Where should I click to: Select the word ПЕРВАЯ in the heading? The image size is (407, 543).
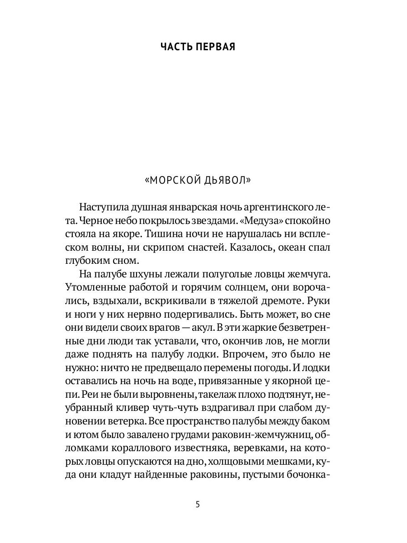point(216,47)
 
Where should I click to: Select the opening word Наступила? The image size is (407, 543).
point(101,208)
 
